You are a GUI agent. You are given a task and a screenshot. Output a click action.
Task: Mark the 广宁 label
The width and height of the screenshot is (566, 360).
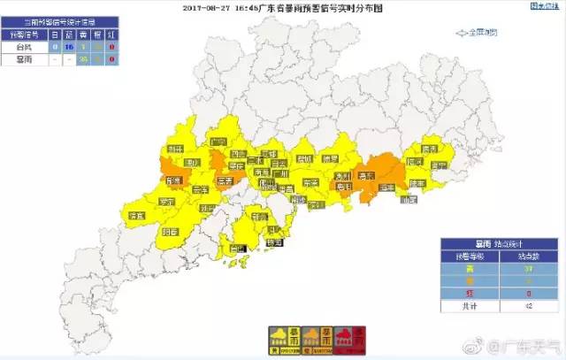218,141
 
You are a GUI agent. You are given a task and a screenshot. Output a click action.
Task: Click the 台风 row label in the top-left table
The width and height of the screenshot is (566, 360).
25,45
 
